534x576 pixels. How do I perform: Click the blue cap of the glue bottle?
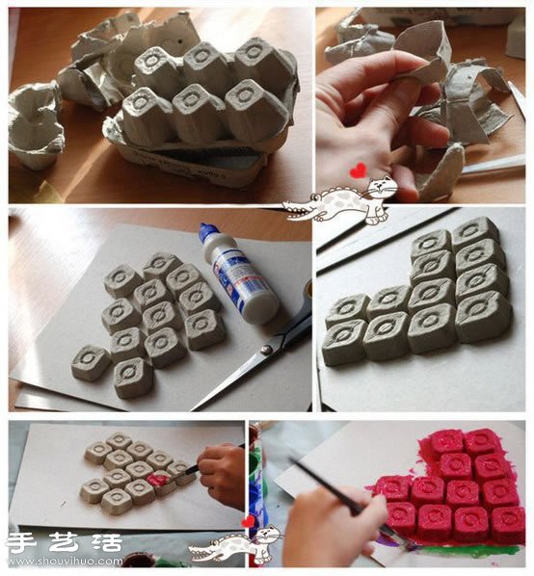(206, 234)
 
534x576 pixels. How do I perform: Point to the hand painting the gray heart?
(219, 477)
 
